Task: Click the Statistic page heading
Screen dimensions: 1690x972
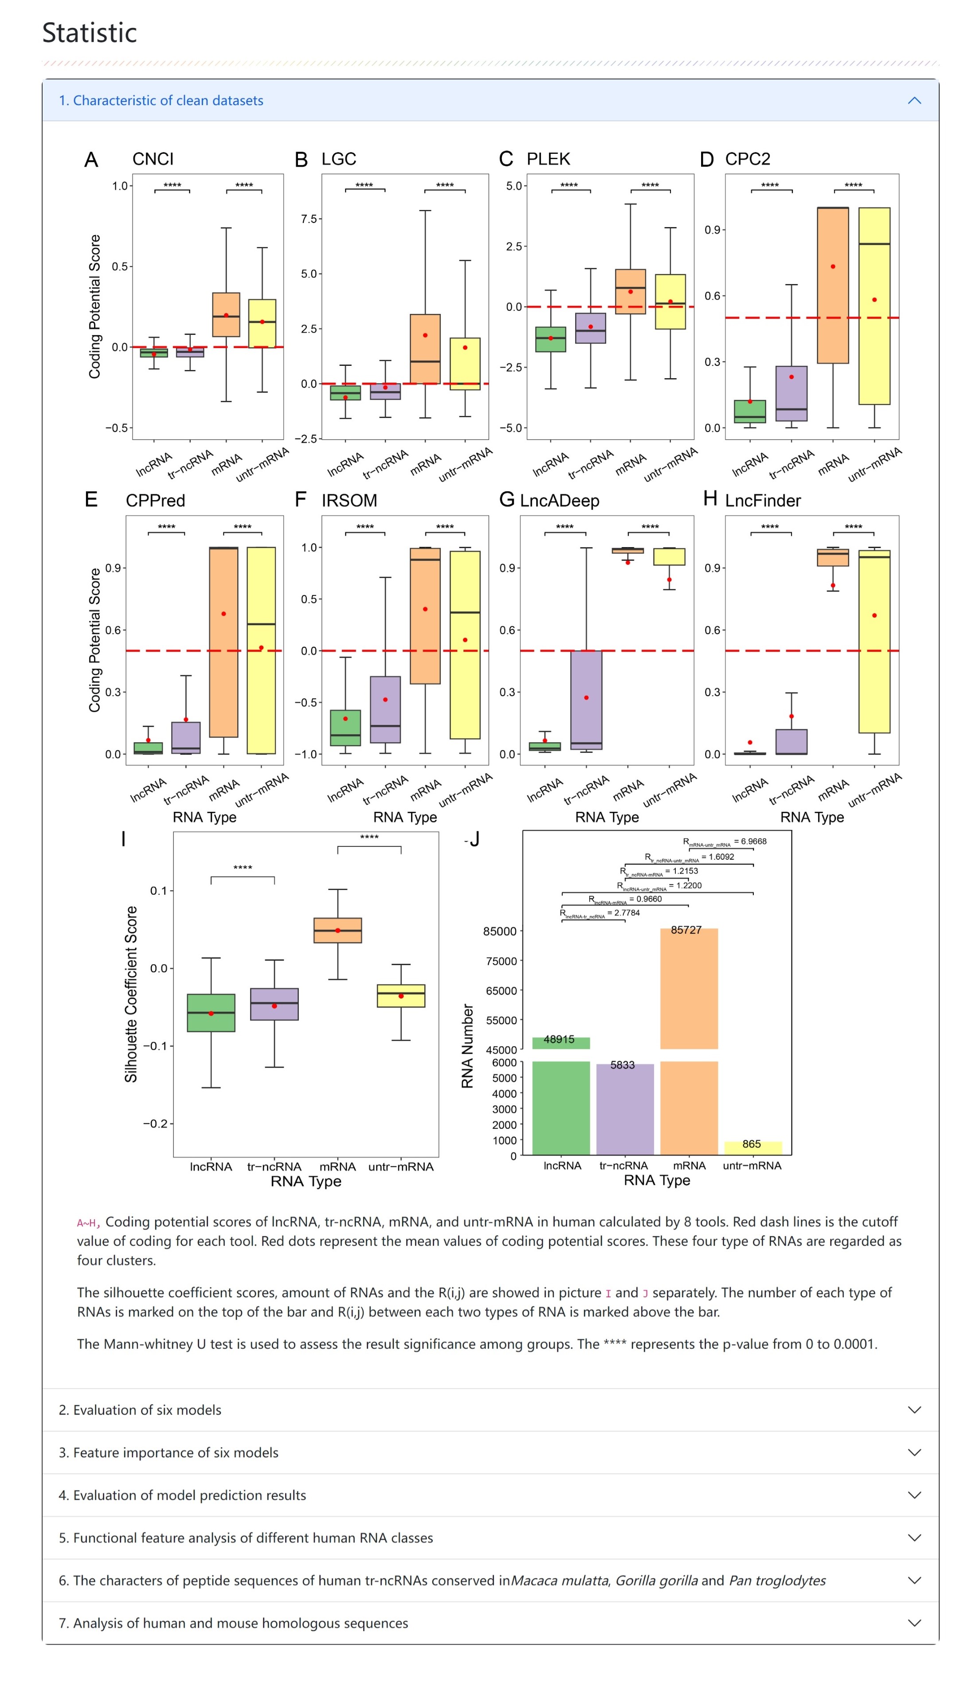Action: tap(90, 33)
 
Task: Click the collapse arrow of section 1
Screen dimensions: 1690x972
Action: tap(914, 101)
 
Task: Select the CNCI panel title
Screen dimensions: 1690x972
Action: tap(153, 159)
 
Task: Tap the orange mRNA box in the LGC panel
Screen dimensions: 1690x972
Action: tap(425, 348)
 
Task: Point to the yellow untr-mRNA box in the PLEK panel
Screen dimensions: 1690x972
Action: tap(670, 301)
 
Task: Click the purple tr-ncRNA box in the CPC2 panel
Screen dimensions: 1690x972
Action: tap(791, 393)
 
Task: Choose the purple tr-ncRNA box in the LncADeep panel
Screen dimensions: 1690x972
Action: tap(586, 700)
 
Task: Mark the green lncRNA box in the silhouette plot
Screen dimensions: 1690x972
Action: tap(211, 1013)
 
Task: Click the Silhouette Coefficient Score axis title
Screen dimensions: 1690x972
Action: tap(131, 994)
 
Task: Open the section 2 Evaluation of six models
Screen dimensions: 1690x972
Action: tap(140, 1410)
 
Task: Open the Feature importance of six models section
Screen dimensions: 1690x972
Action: tap(168, 1452)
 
